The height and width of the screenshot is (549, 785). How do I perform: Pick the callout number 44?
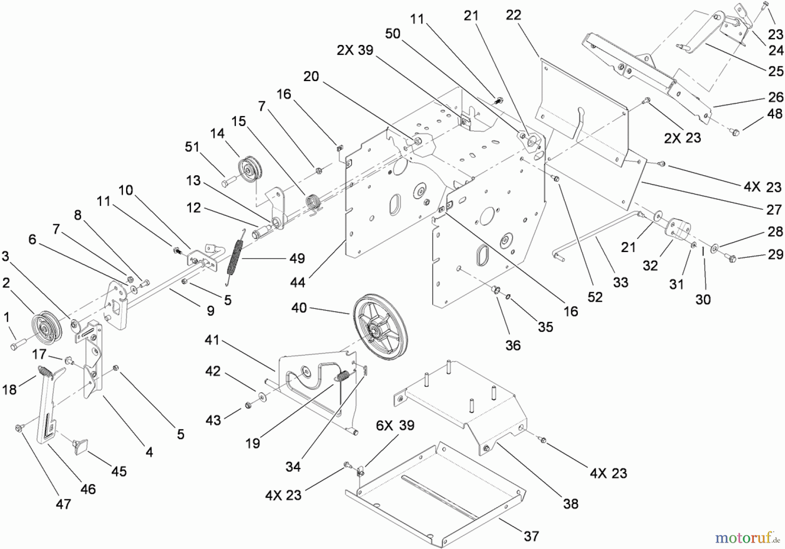tap(297, 283)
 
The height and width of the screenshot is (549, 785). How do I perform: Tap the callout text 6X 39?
tap(395, 426)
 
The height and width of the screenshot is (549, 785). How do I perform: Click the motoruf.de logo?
tap(747, 538)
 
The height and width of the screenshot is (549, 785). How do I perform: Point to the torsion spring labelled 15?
tap(314, 202)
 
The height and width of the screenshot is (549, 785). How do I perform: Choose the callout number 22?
tap(513, 15)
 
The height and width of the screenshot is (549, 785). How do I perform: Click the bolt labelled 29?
tap(731, 258)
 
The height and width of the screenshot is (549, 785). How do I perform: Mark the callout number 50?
tap(392, 34)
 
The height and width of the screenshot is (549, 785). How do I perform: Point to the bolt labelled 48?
tap(734, 131)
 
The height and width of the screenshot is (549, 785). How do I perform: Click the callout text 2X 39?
tap(355, 51)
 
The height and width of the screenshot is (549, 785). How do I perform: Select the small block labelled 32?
tap(677, 228)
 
